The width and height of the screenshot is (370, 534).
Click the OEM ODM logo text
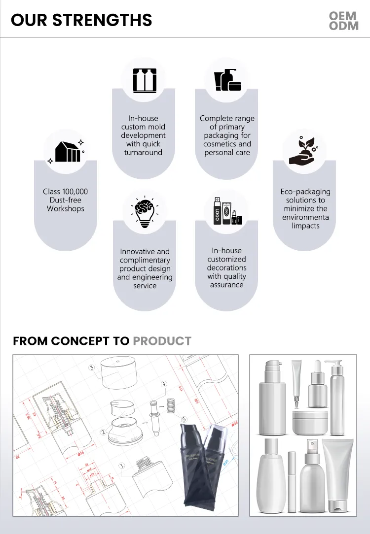(x=343, y=21)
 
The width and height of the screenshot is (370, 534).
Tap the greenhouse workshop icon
(x=67, y=151)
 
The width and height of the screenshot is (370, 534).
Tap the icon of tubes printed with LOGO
(x=227, y=211)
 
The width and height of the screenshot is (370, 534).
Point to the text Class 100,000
(x=66, y=192)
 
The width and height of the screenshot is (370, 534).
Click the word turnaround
(x=144, y=153)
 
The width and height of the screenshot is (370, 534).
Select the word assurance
(x=226, y=285)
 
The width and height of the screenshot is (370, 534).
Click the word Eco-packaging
(x=305, y=192)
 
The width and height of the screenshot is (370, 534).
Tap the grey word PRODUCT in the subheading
(x=162, y=341)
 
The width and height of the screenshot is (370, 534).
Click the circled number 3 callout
(x=92, y=367)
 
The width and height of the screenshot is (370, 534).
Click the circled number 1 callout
(x=121, y=465)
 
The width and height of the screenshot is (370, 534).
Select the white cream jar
(x=311, y=422)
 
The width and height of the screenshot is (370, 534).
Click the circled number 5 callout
(x=184, y=419)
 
